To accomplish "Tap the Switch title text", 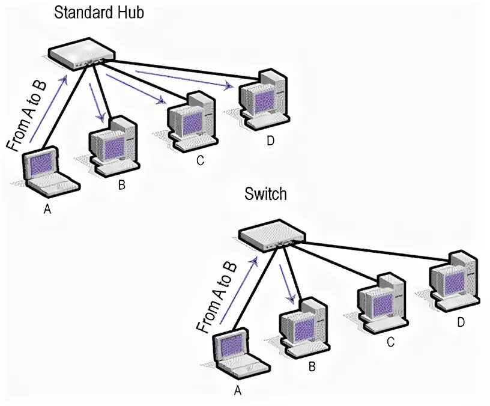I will (x=265, y=194).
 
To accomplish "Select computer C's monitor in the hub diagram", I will (x=190, y=120).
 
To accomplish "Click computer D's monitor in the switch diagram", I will (x=451, y=279).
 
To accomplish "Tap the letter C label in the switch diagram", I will (x=390, y=342).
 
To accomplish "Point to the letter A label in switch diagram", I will (x=237, y=390).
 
